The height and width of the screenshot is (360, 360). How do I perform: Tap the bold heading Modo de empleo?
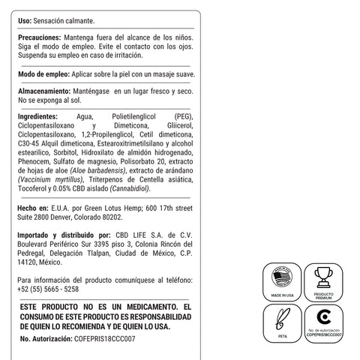click(43, 75)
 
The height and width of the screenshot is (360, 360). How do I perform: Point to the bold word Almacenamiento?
click(44, 90)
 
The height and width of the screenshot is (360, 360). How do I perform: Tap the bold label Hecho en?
click(32, 205)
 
